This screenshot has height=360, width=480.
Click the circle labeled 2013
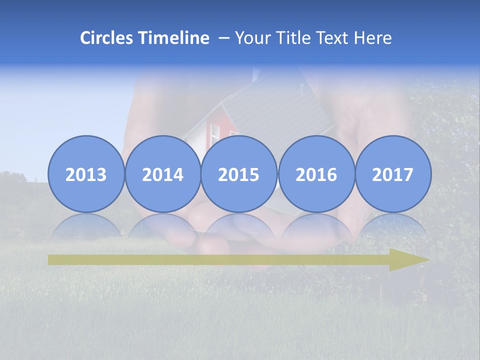(x=86, y=174)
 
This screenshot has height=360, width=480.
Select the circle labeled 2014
(x=162, y=174)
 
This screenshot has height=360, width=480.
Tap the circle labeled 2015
(x=239, y=174)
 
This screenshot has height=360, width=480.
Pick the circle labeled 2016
(x=316, y=174)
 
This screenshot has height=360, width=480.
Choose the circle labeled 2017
(x=392, y=174)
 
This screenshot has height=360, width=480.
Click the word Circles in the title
(x=107, y=38)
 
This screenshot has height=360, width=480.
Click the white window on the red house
(x=214, y=133)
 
